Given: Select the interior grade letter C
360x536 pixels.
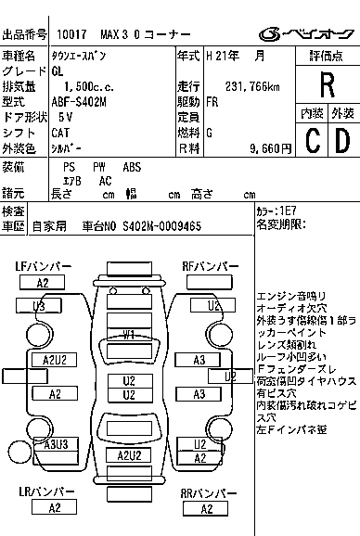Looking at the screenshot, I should pos(313,141).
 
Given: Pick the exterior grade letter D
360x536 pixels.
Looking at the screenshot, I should pos(341,141).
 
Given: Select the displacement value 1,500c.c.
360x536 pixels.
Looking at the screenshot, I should pos(83,85).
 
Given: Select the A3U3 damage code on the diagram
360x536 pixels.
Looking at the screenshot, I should pos(56,444).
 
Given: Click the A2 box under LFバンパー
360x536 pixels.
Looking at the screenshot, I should pos(43,283).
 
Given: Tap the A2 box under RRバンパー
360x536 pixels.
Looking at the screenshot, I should pos(210,507).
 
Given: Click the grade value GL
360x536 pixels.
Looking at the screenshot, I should pos(58,70).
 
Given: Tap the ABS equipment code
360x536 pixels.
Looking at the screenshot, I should pos(133,167).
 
